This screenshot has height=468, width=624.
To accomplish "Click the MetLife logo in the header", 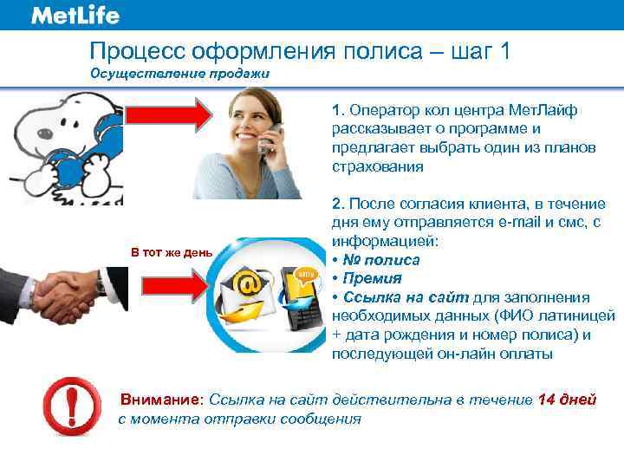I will point(75,16).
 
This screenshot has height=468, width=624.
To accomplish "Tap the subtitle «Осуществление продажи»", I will point(180,74).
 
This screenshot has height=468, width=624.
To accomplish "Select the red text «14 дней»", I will point(567,400).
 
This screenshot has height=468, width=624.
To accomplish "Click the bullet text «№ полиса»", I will point(382,259).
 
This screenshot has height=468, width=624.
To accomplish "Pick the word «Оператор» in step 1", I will point(381,111).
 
